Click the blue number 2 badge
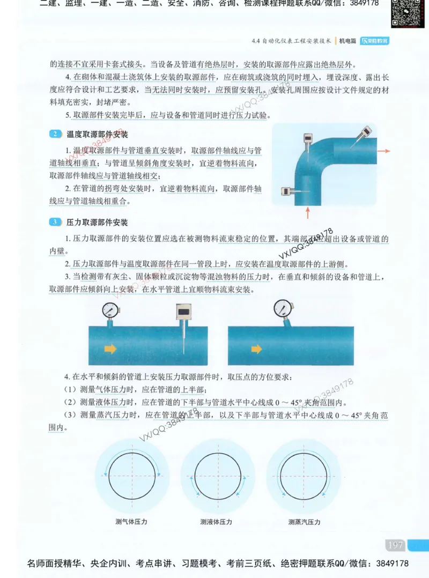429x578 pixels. [56, 134]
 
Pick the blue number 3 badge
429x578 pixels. [56, 222]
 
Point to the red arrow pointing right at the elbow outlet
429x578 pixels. [383, 151]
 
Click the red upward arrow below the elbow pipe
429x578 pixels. [307, 213]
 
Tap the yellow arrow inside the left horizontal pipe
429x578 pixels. [110, 349]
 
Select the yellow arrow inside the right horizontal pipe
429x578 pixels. [257, 349]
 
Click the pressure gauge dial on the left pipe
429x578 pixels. [110, 309]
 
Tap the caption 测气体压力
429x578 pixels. [131, 522]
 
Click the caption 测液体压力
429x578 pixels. [216, 522]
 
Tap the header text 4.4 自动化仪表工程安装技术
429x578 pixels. [291, 41]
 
